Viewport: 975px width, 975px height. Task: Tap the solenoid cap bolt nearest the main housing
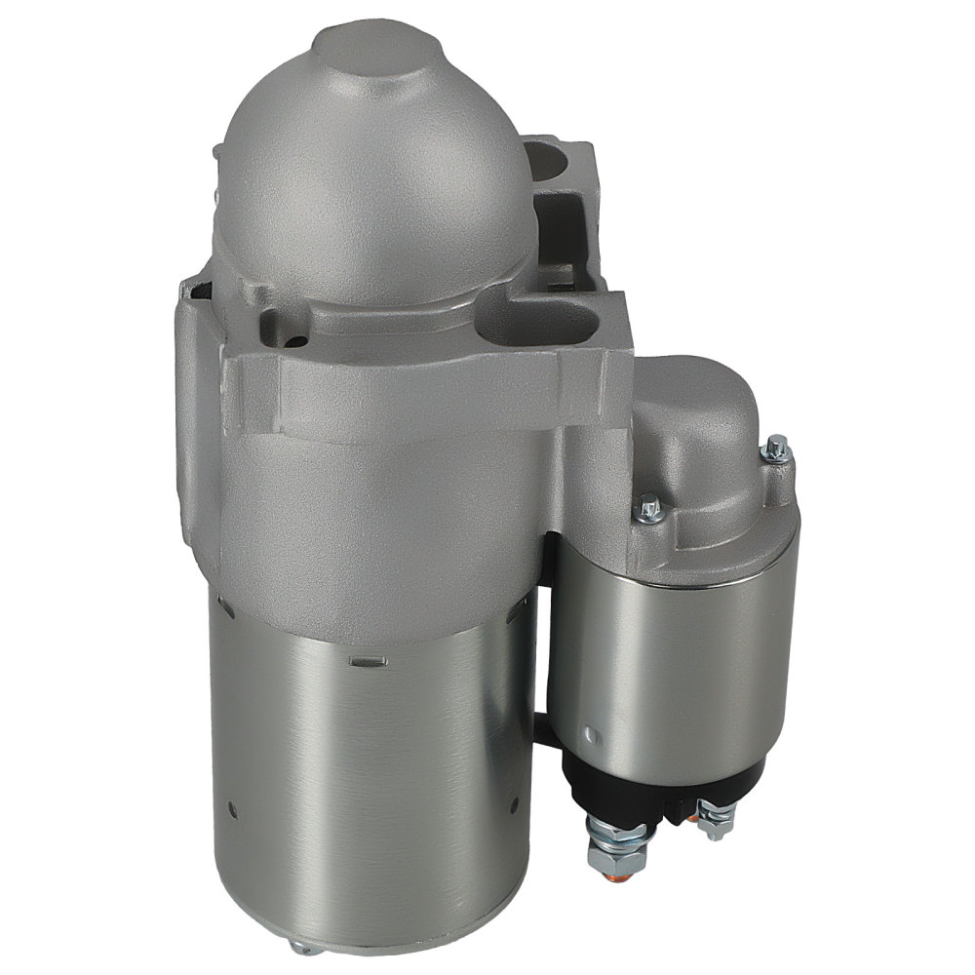650,507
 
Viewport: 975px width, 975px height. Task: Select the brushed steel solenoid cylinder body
682,663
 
